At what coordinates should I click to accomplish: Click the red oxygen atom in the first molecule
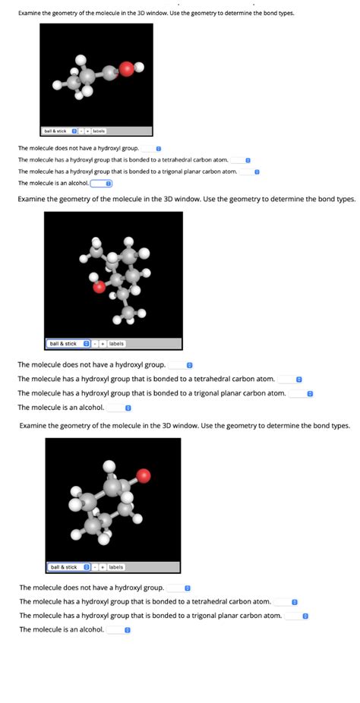pyautogui.click(x=126, y=70)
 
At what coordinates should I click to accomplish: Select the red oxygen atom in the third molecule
pyautogui.click(x=144, y=476)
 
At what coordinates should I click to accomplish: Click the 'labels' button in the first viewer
pyautogui.click(x=99, y=131)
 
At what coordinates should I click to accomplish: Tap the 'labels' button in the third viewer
pyautogui.click(x=115, y=567)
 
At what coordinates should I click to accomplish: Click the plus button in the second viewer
pyautogui.click(x=102, y=343)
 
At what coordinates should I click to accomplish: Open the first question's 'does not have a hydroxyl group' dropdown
pyautogui.click(x=150, y=149)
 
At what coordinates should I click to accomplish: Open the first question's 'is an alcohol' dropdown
pyautogui.click(x=102, y=183)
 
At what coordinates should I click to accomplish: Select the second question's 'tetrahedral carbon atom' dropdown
pyautogui.click(x=291, y=378)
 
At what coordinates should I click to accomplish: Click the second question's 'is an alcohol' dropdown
pyautogui.click(x=120, y=408)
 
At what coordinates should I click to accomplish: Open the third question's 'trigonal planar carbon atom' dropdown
pyautogui.click(x=296, y=616)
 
